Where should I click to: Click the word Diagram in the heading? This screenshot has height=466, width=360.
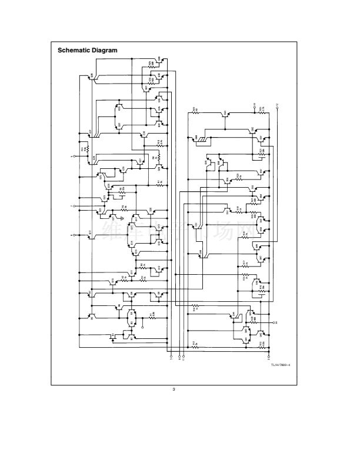coord(105,50)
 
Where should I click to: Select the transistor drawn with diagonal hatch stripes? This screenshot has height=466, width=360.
coord(203,139)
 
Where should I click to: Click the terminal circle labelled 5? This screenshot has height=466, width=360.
coord(74,157)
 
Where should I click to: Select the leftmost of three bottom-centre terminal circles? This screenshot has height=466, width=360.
coord(171,357)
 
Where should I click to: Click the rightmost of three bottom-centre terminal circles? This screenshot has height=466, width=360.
coord(183,357)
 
